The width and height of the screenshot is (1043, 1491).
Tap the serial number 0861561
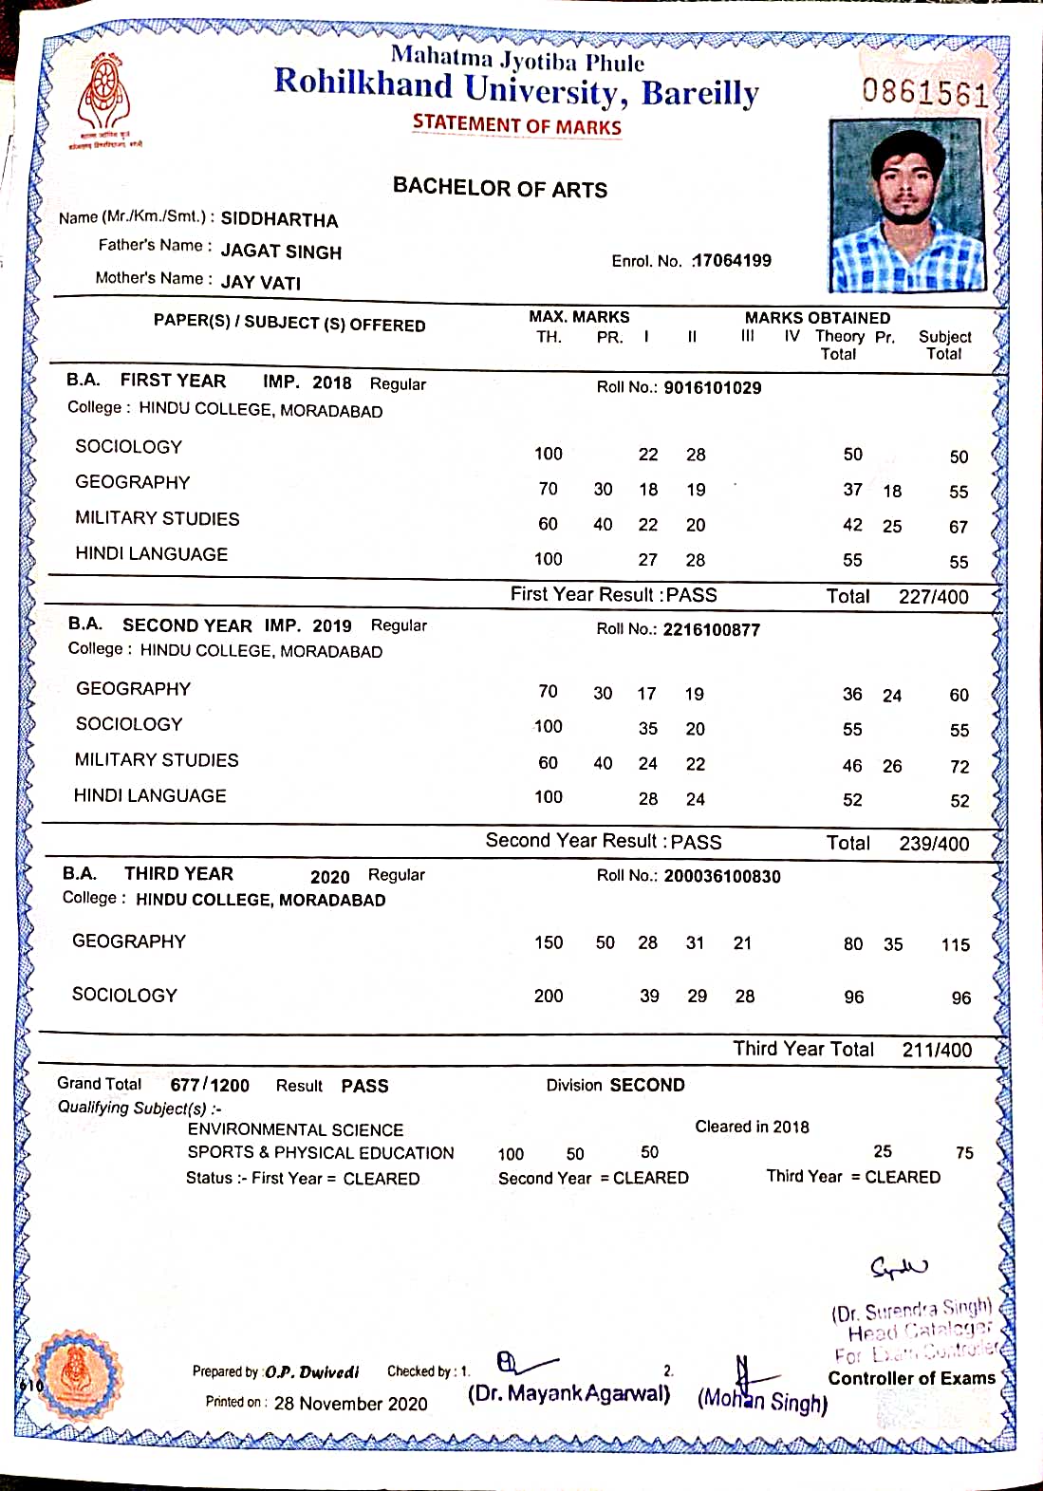(924, 92)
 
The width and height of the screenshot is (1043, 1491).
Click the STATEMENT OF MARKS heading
(517, 125)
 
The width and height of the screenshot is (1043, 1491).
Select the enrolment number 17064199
(732, 260)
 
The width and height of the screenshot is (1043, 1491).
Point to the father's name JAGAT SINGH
(281, 252)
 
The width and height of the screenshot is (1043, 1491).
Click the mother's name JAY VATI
(261, 283)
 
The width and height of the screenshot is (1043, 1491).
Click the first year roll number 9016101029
(712, 387)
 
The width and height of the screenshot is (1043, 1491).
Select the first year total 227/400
(933, 597)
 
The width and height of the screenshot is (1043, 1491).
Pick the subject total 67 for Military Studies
(959, 527)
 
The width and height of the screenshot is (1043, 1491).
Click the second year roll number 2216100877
(712, 629)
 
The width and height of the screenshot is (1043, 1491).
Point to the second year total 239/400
(933, 844)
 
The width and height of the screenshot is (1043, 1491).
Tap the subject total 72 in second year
(959, 767)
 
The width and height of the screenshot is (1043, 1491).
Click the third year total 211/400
(937, 1051)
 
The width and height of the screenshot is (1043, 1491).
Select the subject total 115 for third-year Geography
(955, 945)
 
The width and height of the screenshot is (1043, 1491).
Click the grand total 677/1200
(210, 1085)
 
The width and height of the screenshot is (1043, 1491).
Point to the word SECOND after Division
(648, 1085)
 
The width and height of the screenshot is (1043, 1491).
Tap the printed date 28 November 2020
(350, 1404)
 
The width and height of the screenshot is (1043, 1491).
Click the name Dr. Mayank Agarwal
(568, 1394)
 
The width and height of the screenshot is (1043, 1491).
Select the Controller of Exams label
(911, 1378)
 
